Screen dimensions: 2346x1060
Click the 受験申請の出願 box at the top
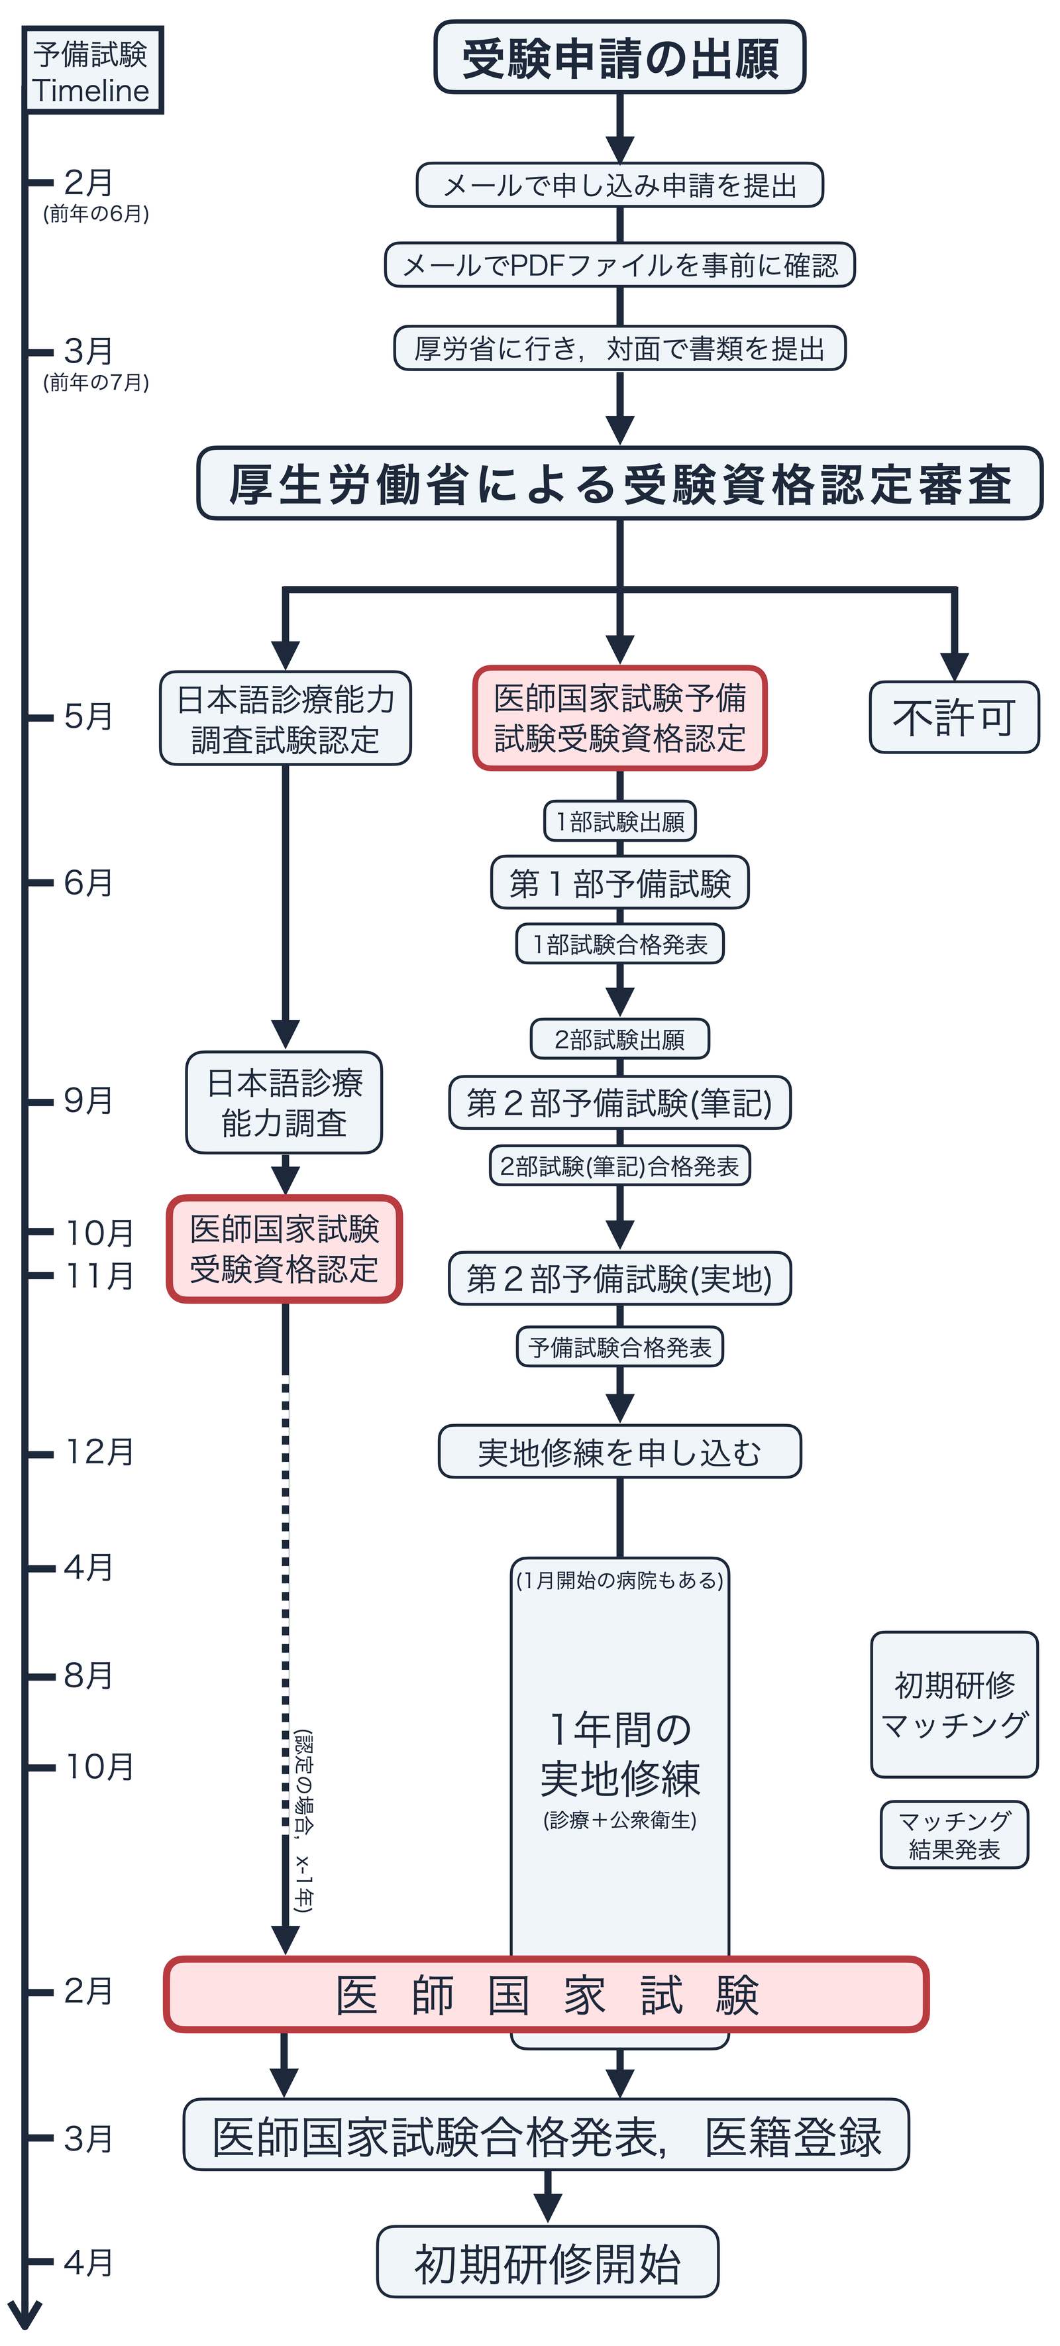tap(619, 58)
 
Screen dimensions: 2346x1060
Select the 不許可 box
tap(953, 718)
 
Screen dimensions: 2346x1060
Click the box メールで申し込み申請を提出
tap(619, 186)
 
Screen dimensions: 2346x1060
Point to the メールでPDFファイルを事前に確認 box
tap(619, 265)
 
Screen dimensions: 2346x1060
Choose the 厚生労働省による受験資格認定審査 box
tap(619, 484)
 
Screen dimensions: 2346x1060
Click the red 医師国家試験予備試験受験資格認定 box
tap(619, 718)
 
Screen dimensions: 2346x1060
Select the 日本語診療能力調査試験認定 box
tap(285, 718)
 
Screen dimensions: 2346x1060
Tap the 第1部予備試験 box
tap(619, 883)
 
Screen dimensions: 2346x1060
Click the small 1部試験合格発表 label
tap(619, 944)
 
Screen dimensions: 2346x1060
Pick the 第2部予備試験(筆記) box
tap(619, 1103)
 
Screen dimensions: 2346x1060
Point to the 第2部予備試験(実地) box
tap(619, 1278)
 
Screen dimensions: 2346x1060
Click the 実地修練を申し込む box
tap(619, 1452)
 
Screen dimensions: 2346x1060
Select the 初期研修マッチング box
tap(953, 1704)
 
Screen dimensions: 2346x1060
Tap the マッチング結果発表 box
tap(953, 1834)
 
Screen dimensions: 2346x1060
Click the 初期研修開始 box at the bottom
tap(547, 2262)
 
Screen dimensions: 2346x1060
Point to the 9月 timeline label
tap(88, 1100)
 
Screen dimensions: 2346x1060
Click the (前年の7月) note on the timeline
tap(95, 382)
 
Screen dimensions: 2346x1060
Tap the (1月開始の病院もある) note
tap(619, 1580)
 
